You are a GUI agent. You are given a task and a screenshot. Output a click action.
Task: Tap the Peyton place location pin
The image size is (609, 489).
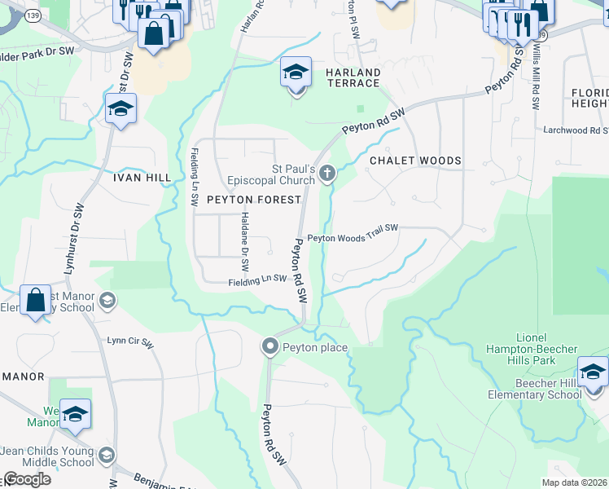click(270, 347)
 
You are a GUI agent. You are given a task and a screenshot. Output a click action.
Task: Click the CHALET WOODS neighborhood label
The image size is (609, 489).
click(415, 161)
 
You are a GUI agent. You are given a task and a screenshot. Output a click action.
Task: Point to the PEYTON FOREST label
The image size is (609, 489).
click(254, 199)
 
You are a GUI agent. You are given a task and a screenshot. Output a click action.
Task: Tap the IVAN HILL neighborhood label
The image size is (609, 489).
click(142, 177)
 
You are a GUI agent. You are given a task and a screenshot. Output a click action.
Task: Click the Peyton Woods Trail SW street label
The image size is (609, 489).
click(352, 234)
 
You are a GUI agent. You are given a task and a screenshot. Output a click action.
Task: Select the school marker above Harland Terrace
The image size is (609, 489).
click(296, 73)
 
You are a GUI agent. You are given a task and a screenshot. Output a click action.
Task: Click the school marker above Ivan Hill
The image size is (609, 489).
click(120, 108)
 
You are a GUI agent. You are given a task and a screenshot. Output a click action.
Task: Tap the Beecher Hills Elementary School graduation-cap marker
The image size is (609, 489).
click(593, 372)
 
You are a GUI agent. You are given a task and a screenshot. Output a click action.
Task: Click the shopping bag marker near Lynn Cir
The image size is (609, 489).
click(36, 301)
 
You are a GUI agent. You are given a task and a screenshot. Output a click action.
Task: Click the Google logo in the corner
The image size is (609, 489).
click(27, 479)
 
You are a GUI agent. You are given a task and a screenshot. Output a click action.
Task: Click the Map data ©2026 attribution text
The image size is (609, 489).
click(575, 482)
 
